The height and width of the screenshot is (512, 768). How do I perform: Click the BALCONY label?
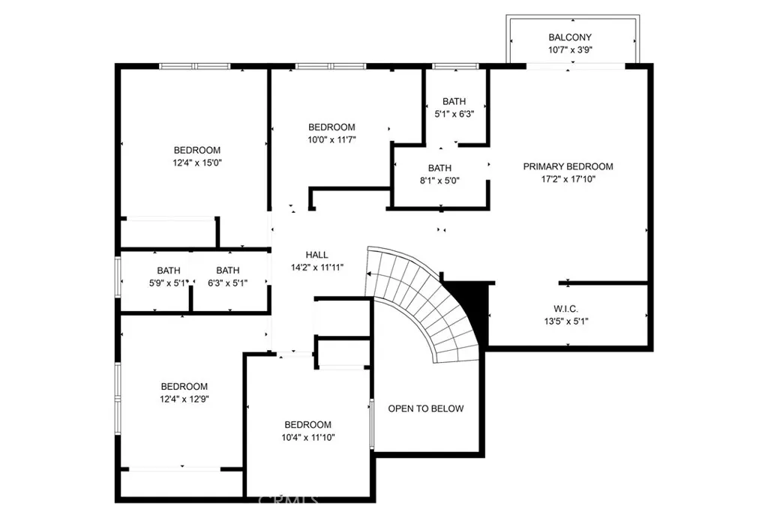[x=570, y=37]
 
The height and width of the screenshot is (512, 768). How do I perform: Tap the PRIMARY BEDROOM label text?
[x=568, y=166]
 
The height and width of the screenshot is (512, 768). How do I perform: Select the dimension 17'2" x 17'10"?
[x=568, y=179]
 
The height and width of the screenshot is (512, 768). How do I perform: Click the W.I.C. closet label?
[x=565, y=309]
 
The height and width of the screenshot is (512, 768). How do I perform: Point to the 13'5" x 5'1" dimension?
[x=565, y=322]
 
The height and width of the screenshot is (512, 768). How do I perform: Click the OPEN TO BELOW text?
[x=426, y=409]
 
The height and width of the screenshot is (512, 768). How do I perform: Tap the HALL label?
[x=317, y=255]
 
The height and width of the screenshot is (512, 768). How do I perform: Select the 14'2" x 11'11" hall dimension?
[x=317, y=268]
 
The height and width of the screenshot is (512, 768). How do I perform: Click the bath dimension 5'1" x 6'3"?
[x=454, y=114]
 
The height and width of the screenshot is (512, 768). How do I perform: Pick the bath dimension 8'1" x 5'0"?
[x=439, y=181]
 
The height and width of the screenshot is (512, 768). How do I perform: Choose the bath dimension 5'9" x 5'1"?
[x=169, y=283]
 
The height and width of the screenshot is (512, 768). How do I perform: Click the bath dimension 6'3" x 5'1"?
[x=228, y=283]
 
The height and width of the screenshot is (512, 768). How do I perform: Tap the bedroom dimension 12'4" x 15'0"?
[x=197, y=163]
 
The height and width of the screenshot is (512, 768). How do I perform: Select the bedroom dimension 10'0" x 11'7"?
[x=331, y=140]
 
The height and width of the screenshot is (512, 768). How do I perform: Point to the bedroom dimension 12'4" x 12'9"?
[x=184, y=399]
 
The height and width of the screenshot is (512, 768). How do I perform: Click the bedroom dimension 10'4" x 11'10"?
[x=307, y=438]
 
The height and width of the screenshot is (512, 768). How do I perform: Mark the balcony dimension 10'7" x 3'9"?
[x=570, y=50]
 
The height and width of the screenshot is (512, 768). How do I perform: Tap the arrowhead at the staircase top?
[x=368, y=274]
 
